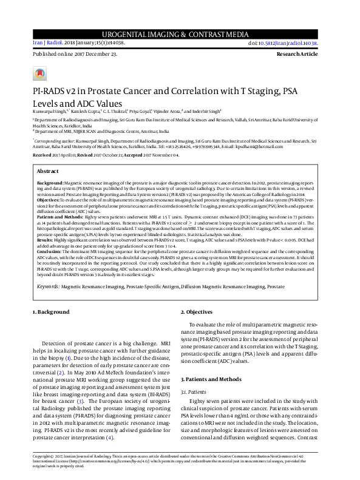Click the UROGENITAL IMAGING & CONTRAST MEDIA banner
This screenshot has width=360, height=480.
(x=180, y=35)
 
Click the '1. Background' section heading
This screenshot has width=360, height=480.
(x=51, y=312)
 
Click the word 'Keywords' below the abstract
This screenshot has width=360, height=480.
(x=49, y=285)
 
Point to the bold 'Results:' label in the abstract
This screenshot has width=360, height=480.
(x=47, y=240)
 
